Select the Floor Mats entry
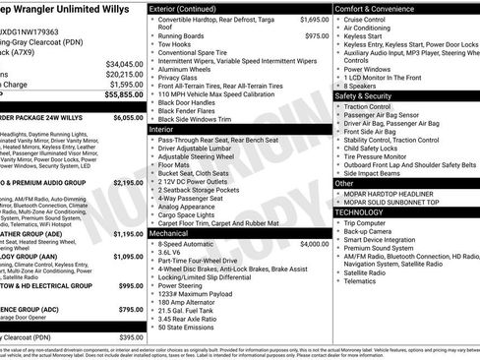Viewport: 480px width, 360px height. [x=176, y=167]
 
